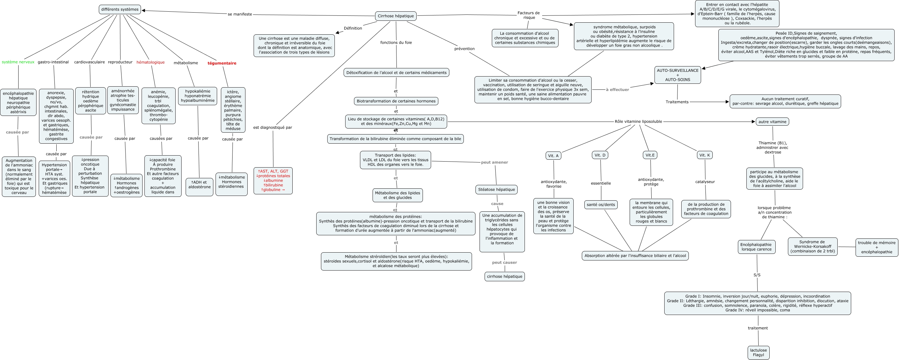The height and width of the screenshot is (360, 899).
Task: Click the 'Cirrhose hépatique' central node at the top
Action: (396, 16)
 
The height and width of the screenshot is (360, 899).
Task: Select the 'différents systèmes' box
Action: (120, 9)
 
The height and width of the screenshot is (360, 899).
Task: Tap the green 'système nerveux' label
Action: (18, 62)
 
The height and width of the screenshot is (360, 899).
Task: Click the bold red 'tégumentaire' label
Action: (222, 63)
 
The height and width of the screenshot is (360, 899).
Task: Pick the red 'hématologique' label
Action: (150, 62)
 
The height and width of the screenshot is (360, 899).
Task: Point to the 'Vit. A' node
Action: (553, 156)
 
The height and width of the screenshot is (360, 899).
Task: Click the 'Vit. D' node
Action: (600, 155)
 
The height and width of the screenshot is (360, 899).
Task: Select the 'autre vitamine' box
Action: (772, 122)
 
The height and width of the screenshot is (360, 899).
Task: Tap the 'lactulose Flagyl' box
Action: (758, 352)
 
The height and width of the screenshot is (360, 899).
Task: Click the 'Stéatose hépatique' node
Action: (496, 190)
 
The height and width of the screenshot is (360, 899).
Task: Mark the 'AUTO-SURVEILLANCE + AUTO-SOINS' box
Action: (677, 75)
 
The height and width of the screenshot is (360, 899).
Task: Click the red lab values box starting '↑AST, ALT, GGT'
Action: (273, 180)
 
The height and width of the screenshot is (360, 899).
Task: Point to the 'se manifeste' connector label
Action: (240, 14)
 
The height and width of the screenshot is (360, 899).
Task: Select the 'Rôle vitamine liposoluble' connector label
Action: (638, 122)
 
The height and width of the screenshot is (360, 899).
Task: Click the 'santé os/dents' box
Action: (601, 205)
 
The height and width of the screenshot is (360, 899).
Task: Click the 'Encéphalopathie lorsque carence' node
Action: (756, 247)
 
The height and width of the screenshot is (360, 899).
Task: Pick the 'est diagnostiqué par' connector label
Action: (273, 128)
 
